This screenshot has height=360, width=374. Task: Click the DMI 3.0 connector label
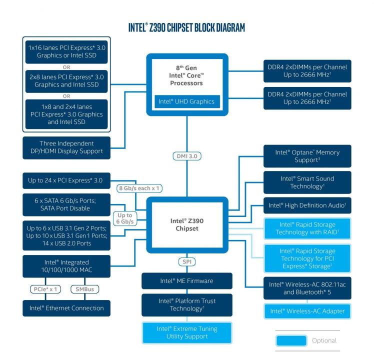click(187, 156)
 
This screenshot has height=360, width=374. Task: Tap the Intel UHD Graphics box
click(186, 101)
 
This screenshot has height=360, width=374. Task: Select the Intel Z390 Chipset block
click(186, 225)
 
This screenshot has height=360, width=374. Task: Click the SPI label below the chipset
click(186, 261)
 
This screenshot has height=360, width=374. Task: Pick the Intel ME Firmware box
click(186, 280)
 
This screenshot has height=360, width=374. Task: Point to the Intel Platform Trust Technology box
click(186, 304)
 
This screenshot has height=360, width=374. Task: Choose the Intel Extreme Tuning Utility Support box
click(186, 332)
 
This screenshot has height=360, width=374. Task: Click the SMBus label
click(84, 289)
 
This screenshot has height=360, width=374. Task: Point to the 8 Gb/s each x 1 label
click(139, 188)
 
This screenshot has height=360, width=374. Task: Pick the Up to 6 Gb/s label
click(124, 217)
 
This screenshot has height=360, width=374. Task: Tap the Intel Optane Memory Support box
click(307, 156)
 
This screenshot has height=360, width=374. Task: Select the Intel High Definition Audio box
click(307, 205)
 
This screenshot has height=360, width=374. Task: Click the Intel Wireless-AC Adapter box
click(307, 311)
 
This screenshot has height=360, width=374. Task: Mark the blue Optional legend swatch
click(291, 341)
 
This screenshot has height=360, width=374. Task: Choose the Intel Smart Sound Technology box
click(307, 182)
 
